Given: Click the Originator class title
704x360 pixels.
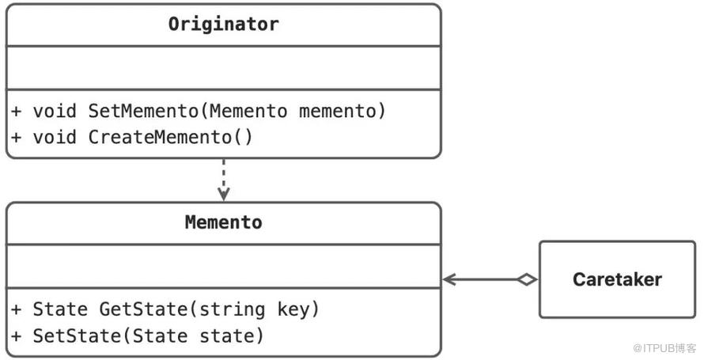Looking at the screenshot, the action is [224, 24].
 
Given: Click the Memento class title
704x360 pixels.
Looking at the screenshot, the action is [224, 222].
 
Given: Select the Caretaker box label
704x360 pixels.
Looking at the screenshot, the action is [617, 279].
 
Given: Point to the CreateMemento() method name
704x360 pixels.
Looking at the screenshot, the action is [171, 137].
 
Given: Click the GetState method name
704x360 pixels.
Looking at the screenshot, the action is [149, 309].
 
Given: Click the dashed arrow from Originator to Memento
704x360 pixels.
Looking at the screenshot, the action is [224, 180].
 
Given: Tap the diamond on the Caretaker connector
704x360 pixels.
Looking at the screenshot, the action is [527, 279].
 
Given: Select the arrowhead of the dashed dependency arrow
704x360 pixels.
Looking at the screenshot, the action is [224, 195].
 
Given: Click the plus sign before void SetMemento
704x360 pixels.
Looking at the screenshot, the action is [16, 112].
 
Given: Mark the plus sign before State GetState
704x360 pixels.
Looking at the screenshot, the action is [16, 309].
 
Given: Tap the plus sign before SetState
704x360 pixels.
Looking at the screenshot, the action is [16, 336].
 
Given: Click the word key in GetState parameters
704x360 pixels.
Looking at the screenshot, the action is [293, 309].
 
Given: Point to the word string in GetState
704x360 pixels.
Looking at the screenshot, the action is [232, 309].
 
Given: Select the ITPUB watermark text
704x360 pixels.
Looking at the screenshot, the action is [664, 348].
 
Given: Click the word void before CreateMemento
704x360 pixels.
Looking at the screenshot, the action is [55, 137].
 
